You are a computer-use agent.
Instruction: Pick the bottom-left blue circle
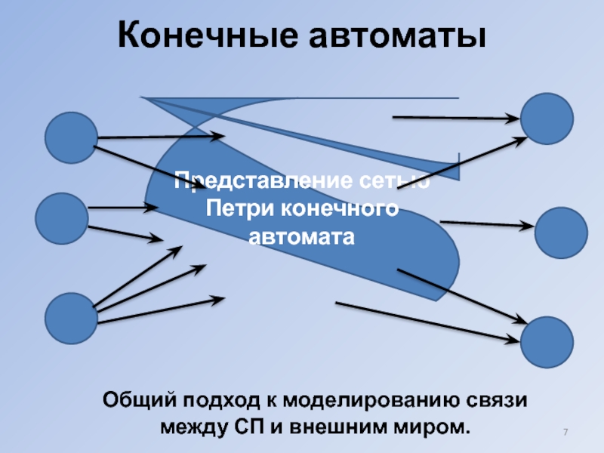tap(72, 319)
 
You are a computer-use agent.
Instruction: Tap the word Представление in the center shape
tap(252, 181)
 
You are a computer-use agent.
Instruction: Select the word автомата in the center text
tap(301, 236)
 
